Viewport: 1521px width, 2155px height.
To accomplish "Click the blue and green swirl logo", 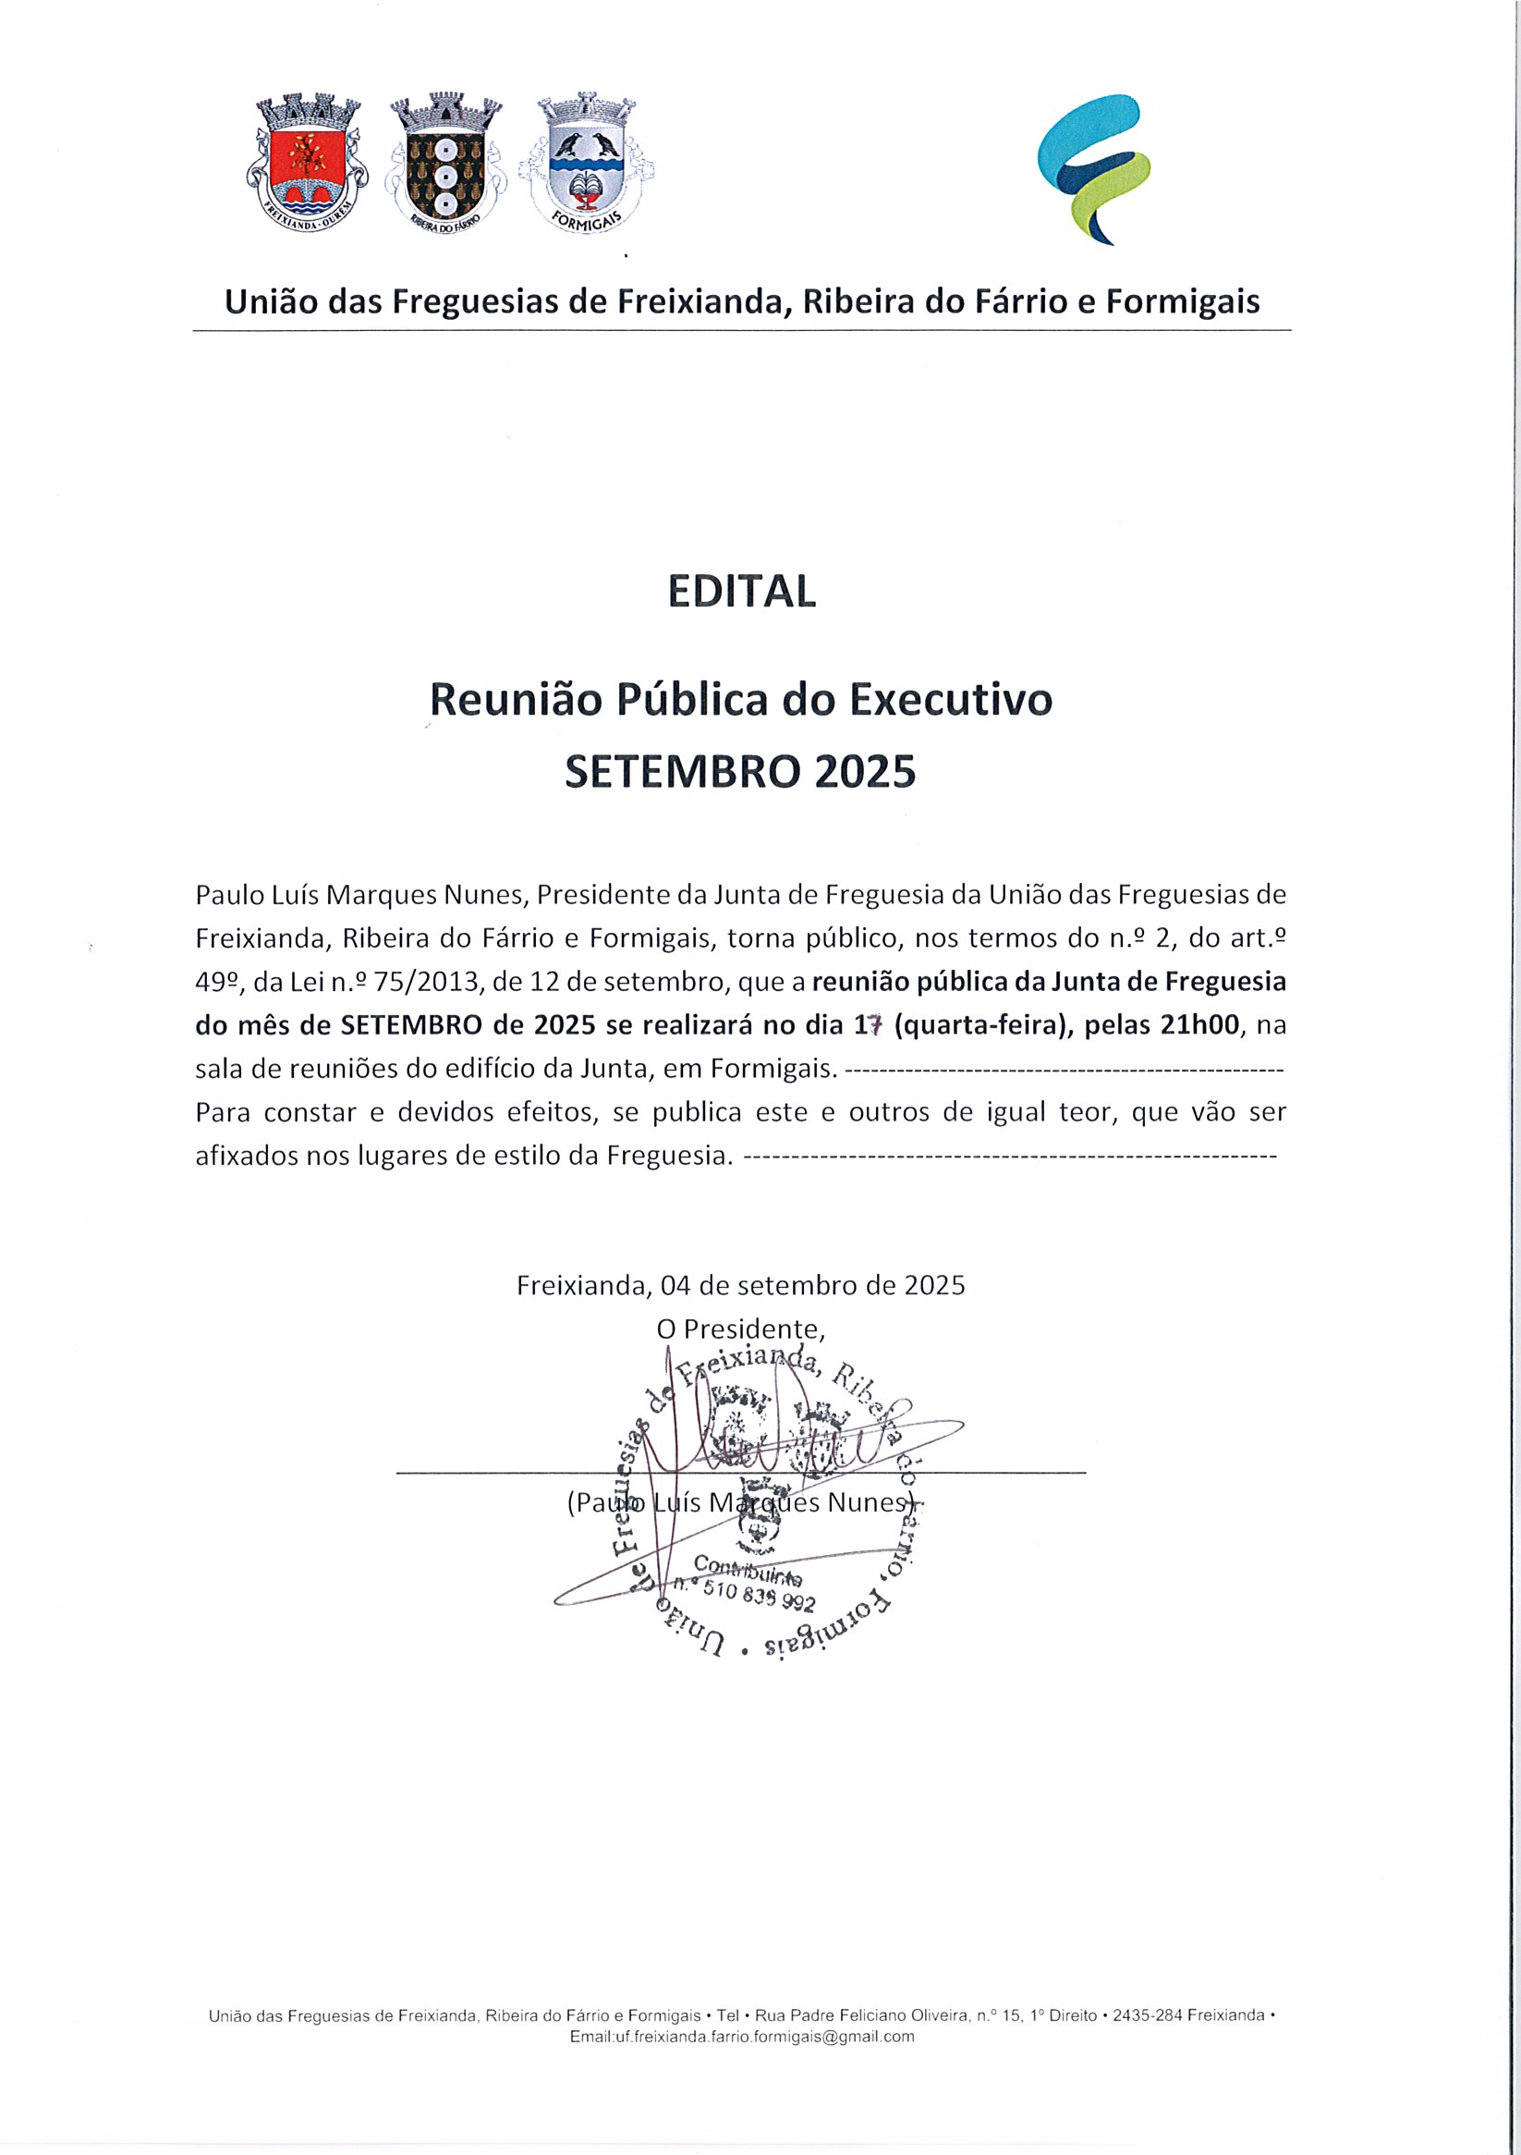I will click(x=1095, y=169).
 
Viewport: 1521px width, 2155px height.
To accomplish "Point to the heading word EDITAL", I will click(x=741, y=592).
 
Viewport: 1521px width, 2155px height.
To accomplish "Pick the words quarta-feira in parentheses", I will click(x=982, y=1024).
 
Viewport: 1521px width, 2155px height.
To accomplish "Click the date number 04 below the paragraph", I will click(x=675, y=1285).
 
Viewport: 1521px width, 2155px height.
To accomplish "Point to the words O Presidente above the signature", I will click(x=740, y=1329).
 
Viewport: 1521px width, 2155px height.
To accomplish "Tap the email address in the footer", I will click(x=741, y=2062).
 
